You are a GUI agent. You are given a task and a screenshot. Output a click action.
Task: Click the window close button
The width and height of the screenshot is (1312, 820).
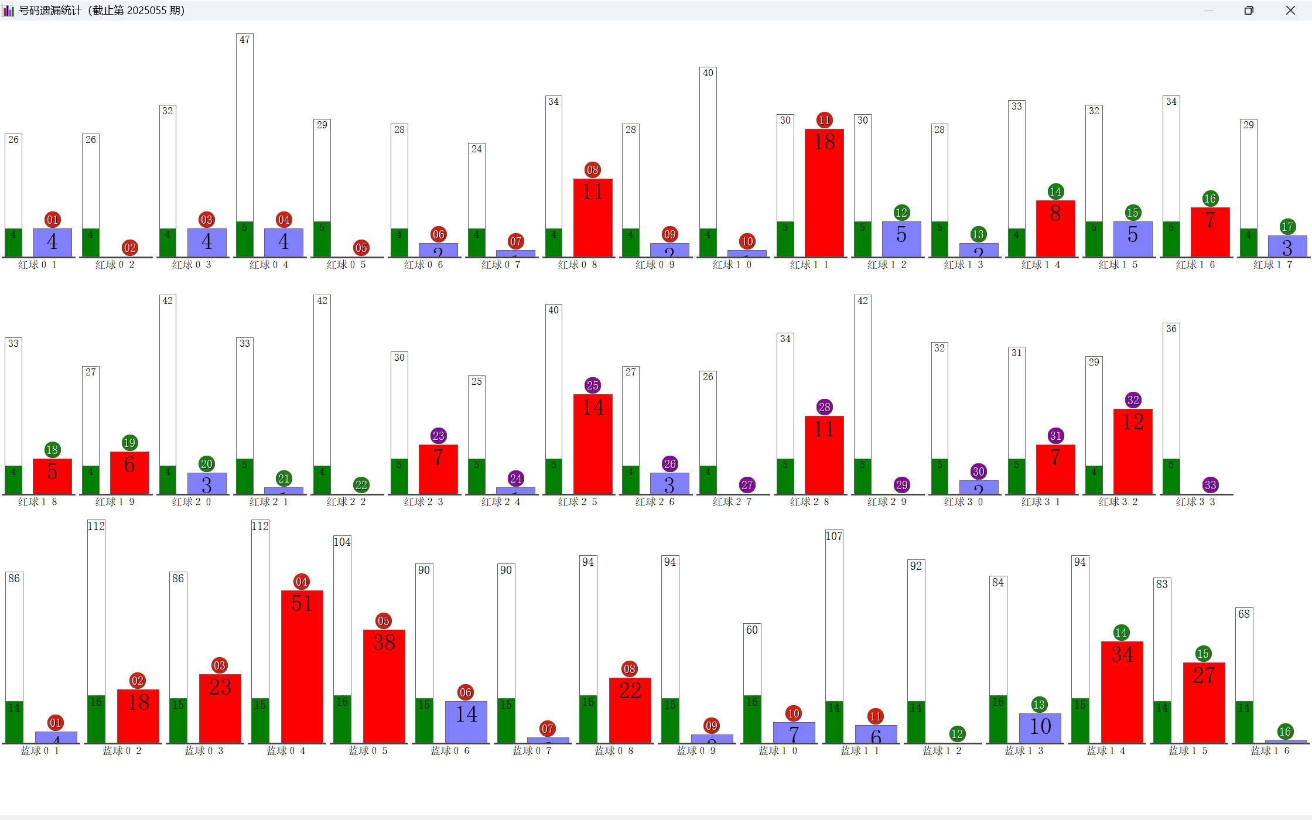[x=1290, y=11]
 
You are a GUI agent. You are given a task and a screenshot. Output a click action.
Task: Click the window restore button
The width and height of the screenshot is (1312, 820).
[x=1249, y=11]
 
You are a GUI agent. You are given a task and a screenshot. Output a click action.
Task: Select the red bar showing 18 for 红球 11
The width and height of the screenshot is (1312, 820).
[x=824, y=193]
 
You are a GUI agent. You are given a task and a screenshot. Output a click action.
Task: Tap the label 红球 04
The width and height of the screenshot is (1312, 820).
[x=269, y=265]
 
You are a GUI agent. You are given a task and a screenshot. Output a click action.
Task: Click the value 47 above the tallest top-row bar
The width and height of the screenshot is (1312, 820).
[x=245, y=40]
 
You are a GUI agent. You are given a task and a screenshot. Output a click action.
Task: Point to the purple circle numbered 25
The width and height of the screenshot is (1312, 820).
[x=593, y=385]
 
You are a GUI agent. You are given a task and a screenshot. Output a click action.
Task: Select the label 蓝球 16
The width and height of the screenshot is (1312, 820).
[x=1270, y=751]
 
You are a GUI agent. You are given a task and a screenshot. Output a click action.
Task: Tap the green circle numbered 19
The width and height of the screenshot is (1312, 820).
[x=129, y=443]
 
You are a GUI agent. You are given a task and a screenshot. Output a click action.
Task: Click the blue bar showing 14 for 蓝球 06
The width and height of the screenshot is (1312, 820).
[x=466, y=722]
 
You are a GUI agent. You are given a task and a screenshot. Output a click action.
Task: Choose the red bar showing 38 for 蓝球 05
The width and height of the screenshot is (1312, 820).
[x=384, y=686]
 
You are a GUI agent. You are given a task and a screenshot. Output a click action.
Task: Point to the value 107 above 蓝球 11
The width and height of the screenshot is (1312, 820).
[x=834, y=536]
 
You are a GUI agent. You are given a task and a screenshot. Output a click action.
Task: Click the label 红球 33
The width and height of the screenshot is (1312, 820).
[x=1195, y=502]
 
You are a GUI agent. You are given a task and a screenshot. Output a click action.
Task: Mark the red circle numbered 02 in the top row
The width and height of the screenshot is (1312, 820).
[x=130, y=248]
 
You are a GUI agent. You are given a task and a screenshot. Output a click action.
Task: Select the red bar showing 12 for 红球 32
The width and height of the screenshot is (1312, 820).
[x=1133, y=452]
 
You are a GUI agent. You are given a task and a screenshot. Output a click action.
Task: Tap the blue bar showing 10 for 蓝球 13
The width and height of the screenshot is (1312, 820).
[x=1040, y=728]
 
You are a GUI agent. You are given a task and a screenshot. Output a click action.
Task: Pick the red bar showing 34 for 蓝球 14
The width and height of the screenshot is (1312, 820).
[x=1122, y=692]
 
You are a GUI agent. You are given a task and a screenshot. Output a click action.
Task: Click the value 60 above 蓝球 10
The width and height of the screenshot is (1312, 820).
[x=752, y=630]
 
